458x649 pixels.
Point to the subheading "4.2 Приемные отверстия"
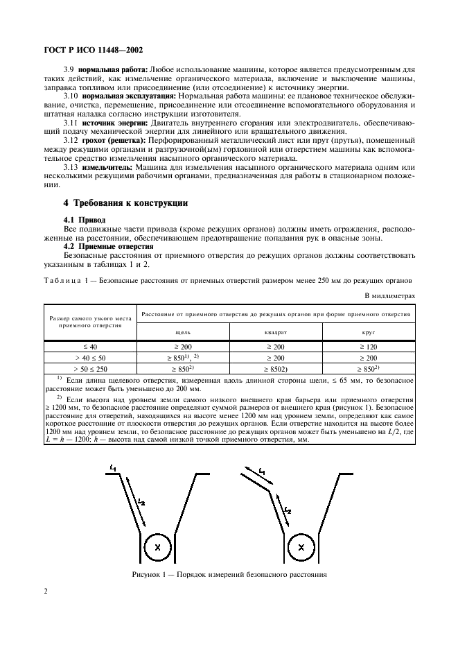pos(108,246)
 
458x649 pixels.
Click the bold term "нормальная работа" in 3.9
pos(110,71)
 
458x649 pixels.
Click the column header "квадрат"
pos(276,332)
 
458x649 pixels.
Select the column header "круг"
pos(369,332)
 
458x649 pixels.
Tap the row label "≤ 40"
pos(91,345)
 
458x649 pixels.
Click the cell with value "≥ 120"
pos(369,345)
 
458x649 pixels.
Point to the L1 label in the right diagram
pos(261,471)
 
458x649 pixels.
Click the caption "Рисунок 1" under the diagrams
pos(229,574)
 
